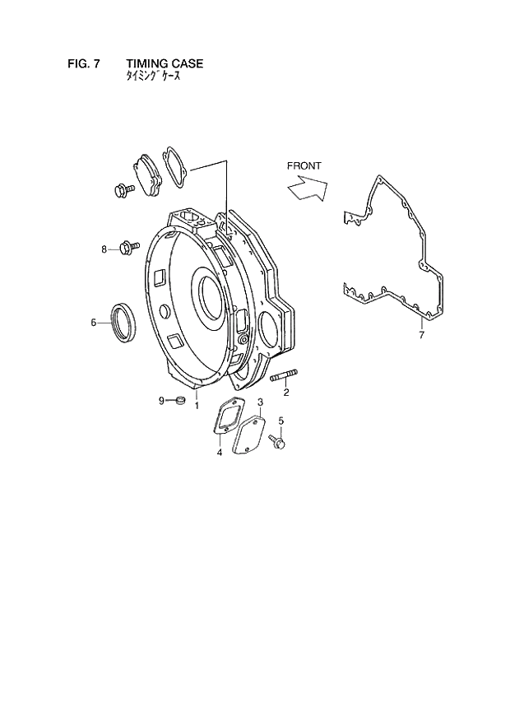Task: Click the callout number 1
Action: pyautogui.click(x=197, y=405)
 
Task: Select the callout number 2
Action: pyautogui.click(x=286, y=393)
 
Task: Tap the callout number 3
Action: pyautogui.click(x=260, y=402)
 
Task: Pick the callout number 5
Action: pyautogui.click(x=280, y=421)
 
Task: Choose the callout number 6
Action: pyautogui.click(x=94, y=322)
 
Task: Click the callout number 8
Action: pyautogui.click(x=104, y=249)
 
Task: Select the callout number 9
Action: pyautogui.click(x=162, y=401)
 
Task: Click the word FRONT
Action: pyautogui.click(x=304, y=165)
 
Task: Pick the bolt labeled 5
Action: pyautogui.click(x=277, y=442)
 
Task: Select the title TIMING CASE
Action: pyautogui.click(x=165, y=63)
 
